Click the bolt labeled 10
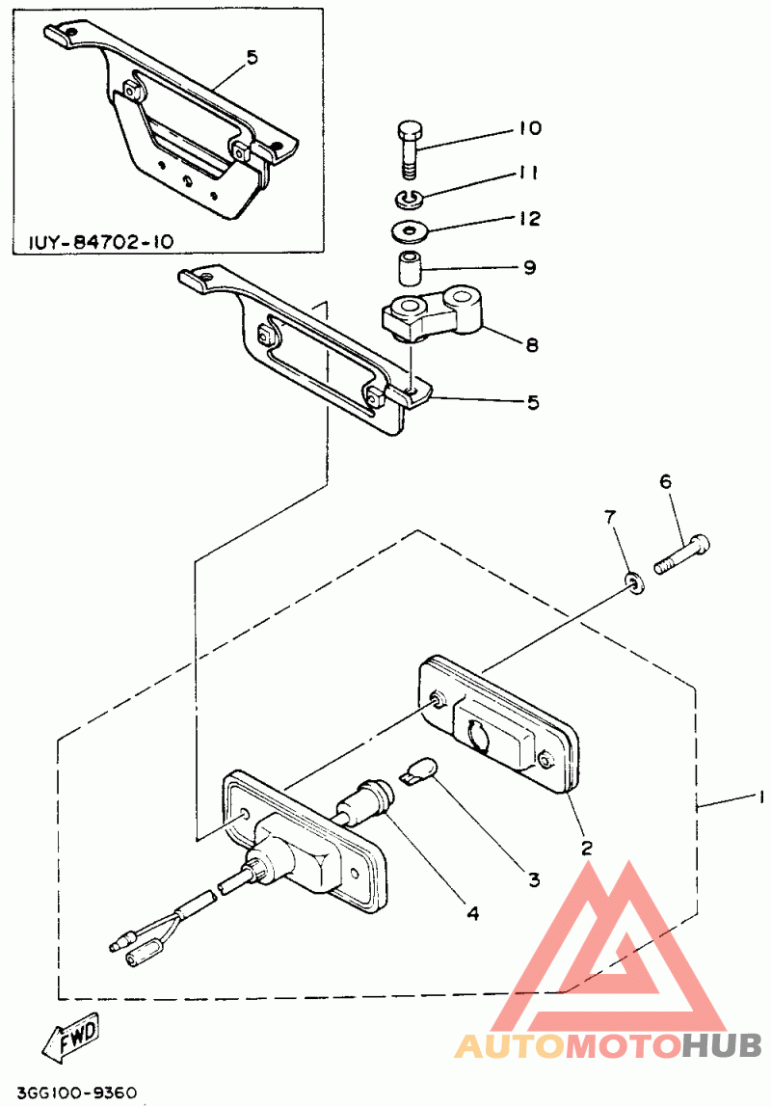pos(409,149)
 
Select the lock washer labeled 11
pos(409,200)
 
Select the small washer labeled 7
pos(634,582)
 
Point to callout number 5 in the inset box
pos(252,58)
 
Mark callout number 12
pos(529,220)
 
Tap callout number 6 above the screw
pos(665,481)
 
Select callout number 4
pos(472,911)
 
